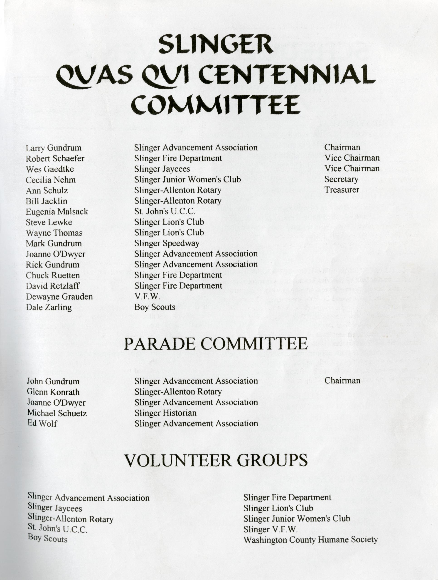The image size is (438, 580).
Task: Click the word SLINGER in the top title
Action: tap(216, 45)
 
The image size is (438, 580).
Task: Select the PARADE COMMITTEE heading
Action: tap(216, 344)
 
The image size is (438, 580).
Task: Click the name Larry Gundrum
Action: tap(54, 148)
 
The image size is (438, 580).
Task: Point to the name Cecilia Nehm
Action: tap(51, 180)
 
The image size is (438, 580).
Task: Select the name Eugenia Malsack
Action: tap(57, 212)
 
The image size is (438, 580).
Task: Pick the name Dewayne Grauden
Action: tap(59, 297)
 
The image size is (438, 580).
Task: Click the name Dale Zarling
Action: tap(49, 307)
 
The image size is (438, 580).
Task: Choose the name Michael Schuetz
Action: tap(57, 413)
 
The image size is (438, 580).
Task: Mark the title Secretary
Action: tap(341, 179)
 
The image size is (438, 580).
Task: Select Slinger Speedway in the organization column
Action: tap(167, 243)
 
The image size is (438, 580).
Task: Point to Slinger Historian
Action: tap(165, 413)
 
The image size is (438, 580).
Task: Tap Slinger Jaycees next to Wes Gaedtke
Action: tap(162, 169)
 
